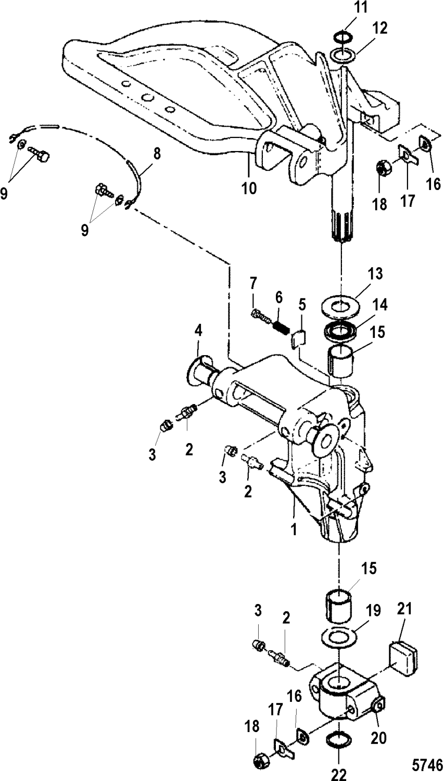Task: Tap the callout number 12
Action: tap(379, 29)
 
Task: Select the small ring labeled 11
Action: tap(344, 36)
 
